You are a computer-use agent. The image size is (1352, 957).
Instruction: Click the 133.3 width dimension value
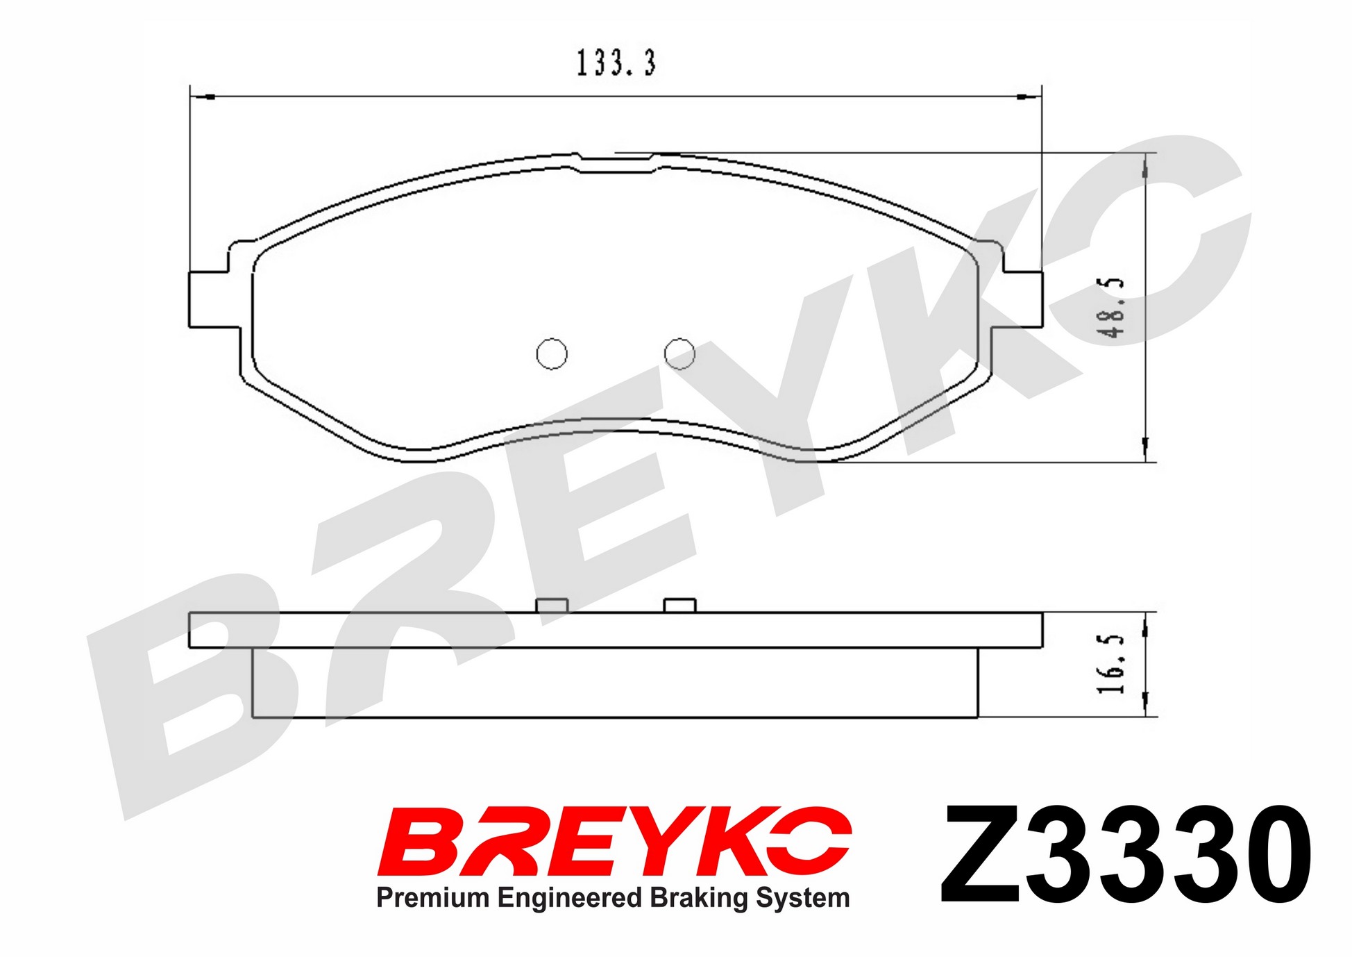[616, 63]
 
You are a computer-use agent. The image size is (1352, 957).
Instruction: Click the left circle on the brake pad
[552, 353]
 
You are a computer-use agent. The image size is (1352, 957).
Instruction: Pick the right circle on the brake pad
[679, 353]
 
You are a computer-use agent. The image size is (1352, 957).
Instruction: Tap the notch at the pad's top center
[616, 164]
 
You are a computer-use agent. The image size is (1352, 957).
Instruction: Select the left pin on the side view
[552, 606]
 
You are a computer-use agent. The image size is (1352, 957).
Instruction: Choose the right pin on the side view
[679, 606]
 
